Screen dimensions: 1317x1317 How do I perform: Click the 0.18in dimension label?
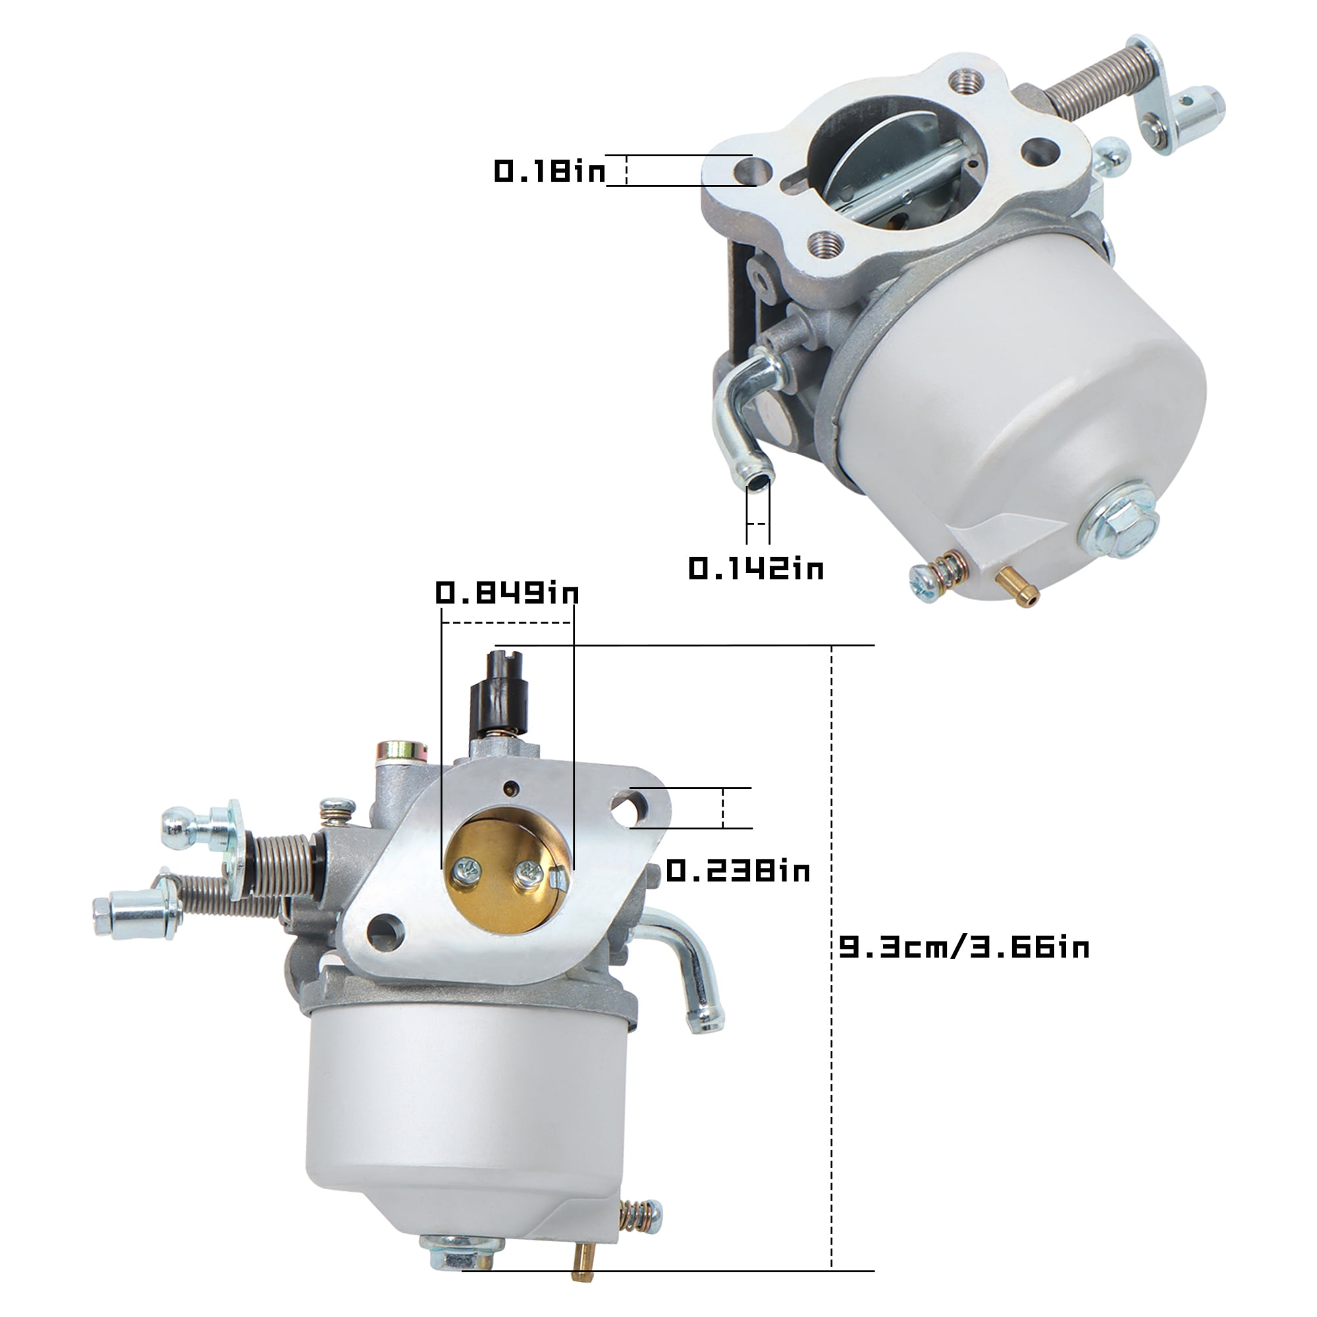point(549,171)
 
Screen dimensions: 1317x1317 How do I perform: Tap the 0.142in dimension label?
point(756,568)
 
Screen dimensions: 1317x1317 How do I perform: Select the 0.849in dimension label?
point(507,593)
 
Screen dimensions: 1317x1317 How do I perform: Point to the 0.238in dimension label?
point(738,871)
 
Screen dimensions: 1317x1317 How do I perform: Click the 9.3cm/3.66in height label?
point(964,948)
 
